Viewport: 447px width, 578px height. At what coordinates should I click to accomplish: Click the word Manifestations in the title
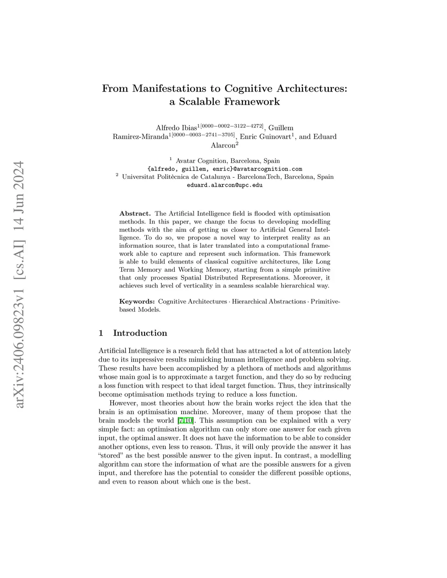170,88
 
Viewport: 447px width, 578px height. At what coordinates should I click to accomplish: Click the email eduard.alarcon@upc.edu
225,185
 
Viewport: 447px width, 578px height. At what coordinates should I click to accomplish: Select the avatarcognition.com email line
225,169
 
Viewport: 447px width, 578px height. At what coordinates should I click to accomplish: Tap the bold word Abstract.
135,214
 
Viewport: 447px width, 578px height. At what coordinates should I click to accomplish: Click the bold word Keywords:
137,301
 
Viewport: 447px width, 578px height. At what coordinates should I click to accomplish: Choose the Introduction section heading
140,333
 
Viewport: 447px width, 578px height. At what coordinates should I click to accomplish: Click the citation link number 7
180,421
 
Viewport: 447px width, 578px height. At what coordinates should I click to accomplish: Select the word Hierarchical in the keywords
251,301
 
